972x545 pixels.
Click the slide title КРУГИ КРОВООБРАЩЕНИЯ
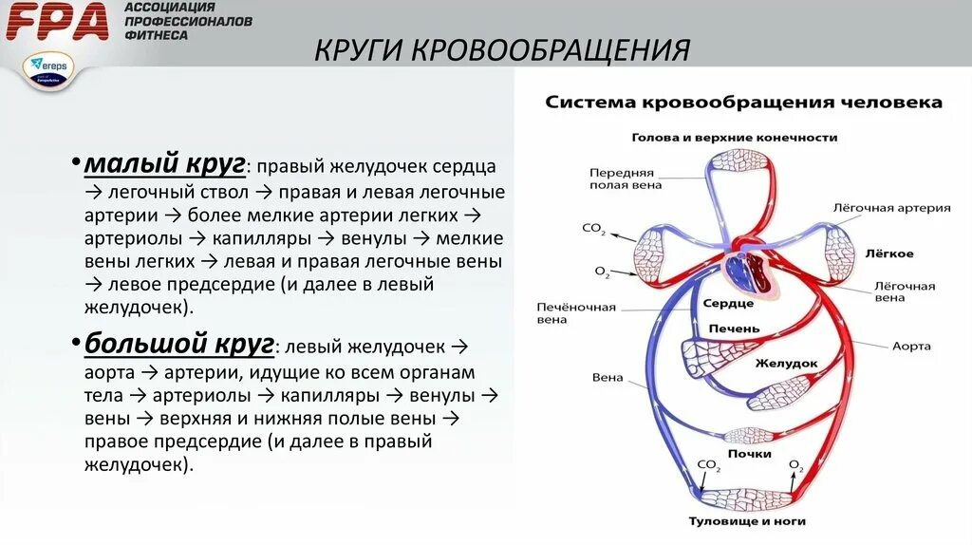coord(502,49)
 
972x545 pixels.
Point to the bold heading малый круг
coord(165,164)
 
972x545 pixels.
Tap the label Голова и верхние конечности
coord(735,138)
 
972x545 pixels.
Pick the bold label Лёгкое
coord(889,254)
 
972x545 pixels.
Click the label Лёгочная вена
coord(904,291)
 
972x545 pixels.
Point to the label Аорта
coord(911,347)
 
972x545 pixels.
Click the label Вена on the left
coord(607,378)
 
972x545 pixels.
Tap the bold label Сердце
coord(729,303)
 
